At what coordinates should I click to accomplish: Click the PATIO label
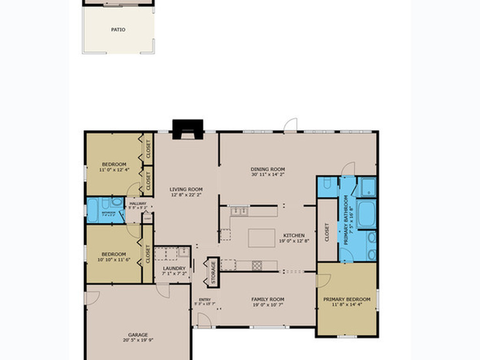(118, 30)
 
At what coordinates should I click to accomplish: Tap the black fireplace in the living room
(187, 129)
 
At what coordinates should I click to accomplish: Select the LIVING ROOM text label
(186, 189)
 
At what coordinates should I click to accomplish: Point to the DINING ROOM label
(268, 169)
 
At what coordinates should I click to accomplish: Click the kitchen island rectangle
(262, 238)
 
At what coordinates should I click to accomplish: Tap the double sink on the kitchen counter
(240, 211)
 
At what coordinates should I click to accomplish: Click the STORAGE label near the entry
(213, 272)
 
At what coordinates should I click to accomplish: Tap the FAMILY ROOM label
(268, 299)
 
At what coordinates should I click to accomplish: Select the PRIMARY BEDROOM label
(346, 299)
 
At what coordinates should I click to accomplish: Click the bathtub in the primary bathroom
(366, 214)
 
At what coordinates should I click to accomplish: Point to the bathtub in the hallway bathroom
(93, 210)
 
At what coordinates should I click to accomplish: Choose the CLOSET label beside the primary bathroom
(327, 232)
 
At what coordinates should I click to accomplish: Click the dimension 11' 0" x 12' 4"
(114, 170)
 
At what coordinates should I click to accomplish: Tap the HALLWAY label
(138, 203)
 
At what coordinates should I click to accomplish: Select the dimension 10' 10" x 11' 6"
(114, 260)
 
